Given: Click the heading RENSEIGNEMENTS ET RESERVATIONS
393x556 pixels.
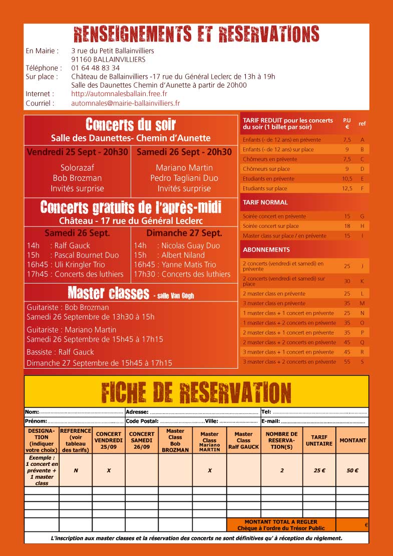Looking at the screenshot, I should click(x=196, y=34).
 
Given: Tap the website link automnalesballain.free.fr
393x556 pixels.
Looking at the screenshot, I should click(x=119, y=94).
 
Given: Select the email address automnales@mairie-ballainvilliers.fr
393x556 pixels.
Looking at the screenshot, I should click(x=126, y=103).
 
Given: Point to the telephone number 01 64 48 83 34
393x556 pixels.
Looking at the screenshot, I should click(x=95, y=68).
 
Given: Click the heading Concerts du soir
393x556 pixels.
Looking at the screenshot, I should click(x=131, y=125).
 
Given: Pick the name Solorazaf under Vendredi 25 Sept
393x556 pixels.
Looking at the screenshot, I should click(x=77, y=168).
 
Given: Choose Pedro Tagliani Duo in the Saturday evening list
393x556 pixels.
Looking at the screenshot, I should click(x=184, y=178).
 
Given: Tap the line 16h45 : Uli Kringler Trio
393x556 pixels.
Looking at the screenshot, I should click(x=66, y=264).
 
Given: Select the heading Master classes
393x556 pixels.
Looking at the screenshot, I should click(x=108, y=293).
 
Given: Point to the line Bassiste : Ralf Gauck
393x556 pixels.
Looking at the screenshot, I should click(x=60, y=352).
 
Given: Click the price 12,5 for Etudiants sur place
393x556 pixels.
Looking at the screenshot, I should click(x=347, y=188).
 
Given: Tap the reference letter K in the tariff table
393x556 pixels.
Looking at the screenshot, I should click(x=362, y=281).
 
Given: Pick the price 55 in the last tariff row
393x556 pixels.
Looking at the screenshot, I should click(x=347, y=362).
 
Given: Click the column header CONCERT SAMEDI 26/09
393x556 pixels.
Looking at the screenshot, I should click(x=142, y=440).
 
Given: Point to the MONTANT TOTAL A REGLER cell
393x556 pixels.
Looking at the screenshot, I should click(x=281, y=525).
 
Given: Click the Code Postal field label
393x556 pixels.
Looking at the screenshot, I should click(x=142, y=421).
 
